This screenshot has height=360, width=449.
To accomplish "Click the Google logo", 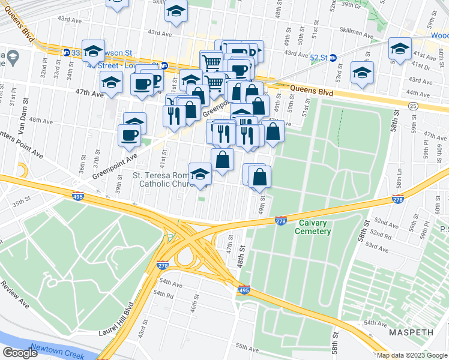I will [x=19, y=353].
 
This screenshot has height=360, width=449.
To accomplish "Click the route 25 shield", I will [x=412, y=106].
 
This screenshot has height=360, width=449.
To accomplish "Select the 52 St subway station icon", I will [x=333, y=58].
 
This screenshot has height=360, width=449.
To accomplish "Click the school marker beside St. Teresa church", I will [x=200, y=175].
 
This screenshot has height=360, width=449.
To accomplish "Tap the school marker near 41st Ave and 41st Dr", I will [x=400, y=49].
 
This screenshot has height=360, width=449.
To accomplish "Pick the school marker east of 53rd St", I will [x=362, y=73].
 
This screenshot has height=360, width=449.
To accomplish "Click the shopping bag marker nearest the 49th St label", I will [x=259, y=177].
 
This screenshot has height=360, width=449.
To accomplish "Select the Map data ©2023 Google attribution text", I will [x=412, y=355].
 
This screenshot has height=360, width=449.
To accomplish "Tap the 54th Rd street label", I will [x=163, y=295].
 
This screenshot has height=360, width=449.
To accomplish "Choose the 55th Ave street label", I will [x=246, y=347].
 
